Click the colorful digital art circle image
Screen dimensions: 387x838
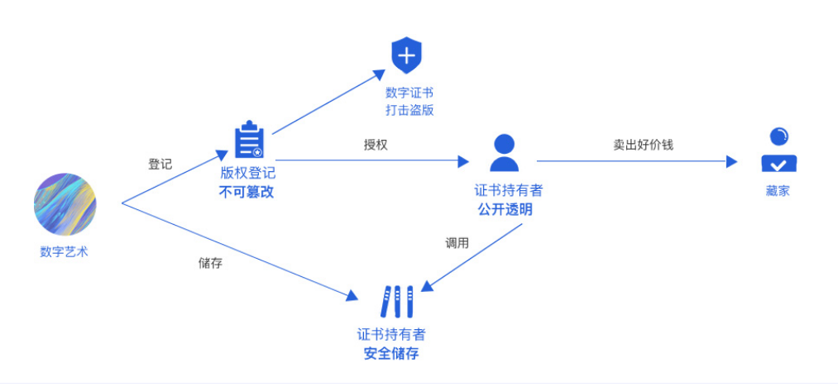[65, 204]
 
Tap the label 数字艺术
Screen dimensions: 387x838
[64, 252]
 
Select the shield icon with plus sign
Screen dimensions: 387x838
[406, 56]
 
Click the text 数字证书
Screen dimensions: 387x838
[409, 93]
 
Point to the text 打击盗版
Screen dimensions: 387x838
[409, 110]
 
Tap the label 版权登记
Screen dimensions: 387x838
[247, 174]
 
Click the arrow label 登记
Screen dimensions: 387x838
[160, 164]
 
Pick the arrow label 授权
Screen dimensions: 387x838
[376, 144]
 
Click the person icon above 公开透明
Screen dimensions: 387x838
[505, 152]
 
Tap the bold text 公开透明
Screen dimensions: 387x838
[505, 209]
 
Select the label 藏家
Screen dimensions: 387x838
[778, 191]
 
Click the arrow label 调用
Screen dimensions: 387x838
[457, 243]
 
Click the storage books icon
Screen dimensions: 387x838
[396, 302]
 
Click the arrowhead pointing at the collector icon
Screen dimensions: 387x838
[731, 162]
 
